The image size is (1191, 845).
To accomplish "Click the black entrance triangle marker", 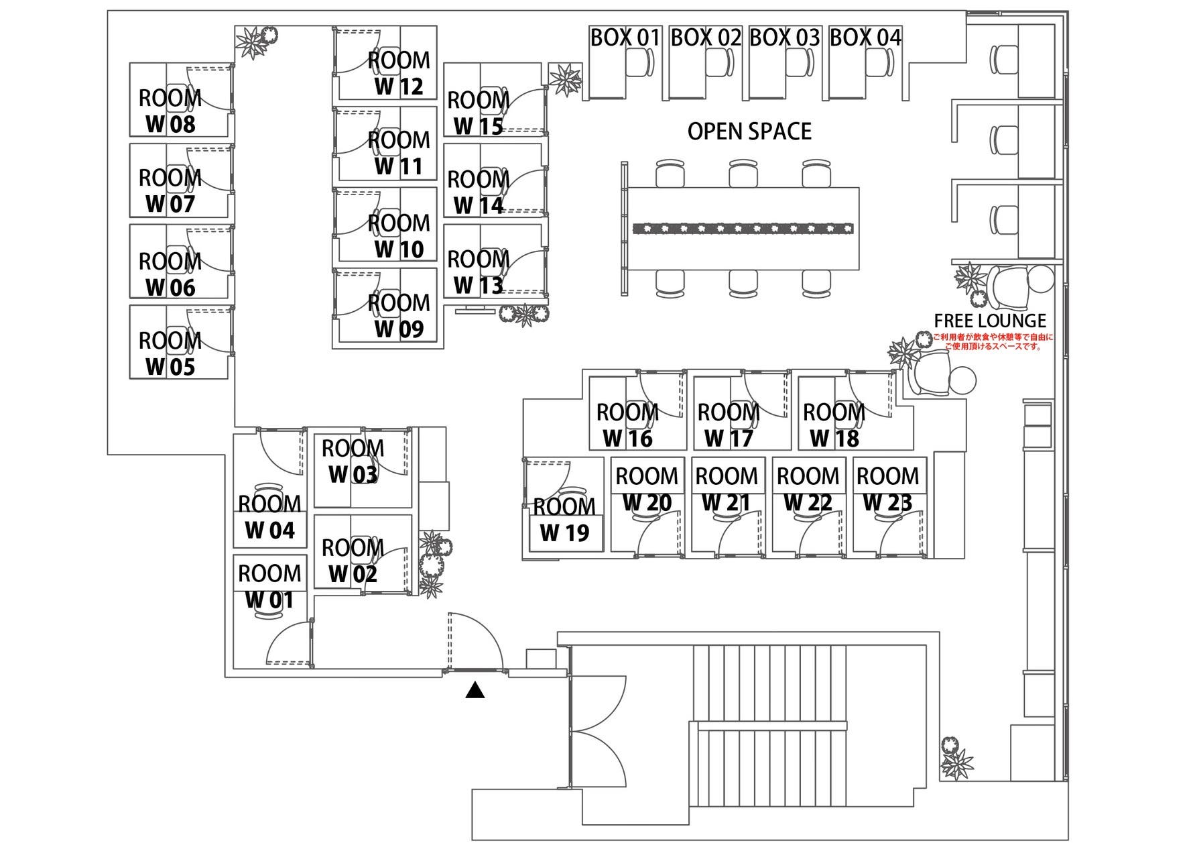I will tap(475, 690).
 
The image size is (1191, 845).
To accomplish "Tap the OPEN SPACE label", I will tap(749, 131).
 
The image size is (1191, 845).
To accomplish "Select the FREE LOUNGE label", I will tap(990, 321).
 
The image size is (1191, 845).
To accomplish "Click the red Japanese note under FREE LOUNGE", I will tap(993, 341).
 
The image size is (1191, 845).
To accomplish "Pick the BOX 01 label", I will tap(625, 38).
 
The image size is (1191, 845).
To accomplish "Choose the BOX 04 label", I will tap(865, 38).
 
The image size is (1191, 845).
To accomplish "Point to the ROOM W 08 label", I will tap(170, 111).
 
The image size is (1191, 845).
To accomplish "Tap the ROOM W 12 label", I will tap(399, 73).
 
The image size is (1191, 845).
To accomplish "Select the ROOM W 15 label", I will tap(478, 113).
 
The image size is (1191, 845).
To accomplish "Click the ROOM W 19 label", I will tap(564, 520).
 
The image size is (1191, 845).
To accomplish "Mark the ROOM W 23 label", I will tap(887, 489).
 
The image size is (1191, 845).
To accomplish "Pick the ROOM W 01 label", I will tap(269, 587).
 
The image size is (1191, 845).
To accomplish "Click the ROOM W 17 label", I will tap(729, 425).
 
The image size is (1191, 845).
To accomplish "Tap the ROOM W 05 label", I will tap(170, 354).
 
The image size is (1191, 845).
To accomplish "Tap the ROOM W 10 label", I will tap(399, 236).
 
